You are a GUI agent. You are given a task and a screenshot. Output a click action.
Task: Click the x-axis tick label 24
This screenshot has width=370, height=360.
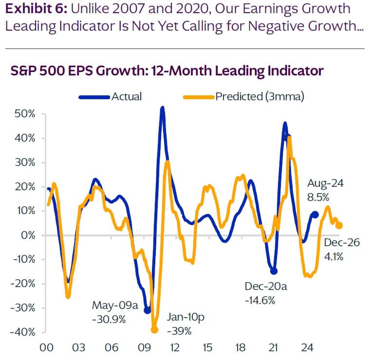[x=306, y=348]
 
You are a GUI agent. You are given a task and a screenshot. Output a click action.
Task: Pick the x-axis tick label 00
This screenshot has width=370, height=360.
[x=47, y=348]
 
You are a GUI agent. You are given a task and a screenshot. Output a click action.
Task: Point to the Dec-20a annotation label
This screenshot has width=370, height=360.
[x=266, y=287]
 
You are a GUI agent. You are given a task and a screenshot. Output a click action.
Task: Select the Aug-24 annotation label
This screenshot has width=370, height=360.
[x=325, y=184]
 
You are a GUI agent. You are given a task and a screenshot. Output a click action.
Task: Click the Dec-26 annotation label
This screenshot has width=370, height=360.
[x=342, y=243]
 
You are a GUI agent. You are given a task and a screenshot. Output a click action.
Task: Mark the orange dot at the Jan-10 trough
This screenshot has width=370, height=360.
[x=155, y=329]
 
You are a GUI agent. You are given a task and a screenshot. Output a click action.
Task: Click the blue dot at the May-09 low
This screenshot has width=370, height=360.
[x=147, y=310]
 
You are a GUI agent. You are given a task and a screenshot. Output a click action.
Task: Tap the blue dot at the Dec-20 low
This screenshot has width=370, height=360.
[x=274, y=271]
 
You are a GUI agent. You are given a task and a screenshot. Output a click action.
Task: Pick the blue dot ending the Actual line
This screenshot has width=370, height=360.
[x=315, y=215]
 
